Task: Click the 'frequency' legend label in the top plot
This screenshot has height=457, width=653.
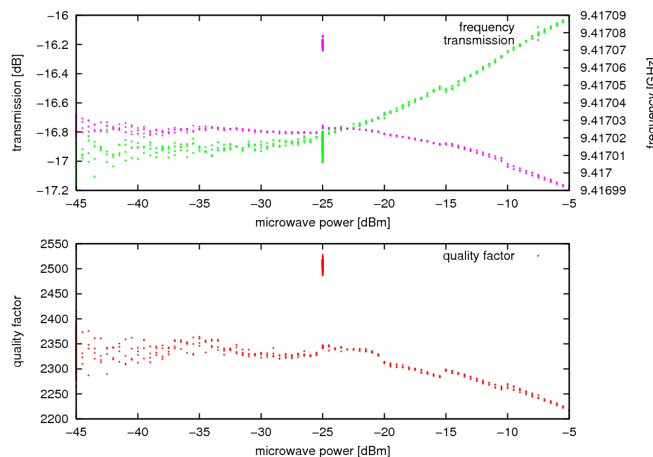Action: pyautogui.click(x=486, y=27)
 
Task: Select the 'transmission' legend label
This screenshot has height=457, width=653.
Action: pyautogui.click(x=479, y=40)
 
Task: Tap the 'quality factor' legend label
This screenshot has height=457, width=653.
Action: pyautogui.click(x=479, y=256)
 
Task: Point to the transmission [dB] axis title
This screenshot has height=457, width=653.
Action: pyautogui.click(x=18, y=102)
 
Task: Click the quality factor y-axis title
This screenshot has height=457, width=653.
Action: pyautogui.click(x=18, y=331)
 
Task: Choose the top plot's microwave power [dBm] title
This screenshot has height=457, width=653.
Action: pyautogui.click(x=323, y=223)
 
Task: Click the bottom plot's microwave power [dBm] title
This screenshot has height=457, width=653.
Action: pyautogui.click(x=323, y=451)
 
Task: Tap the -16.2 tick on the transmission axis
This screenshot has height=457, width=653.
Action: pyautogui.click(x=54, y=44)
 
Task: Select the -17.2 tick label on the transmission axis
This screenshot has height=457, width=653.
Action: pyautogui.click(x=54, y=191)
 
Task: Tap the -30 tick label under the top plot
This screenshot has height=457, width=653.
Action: pyautogui.click(x=261, y=203)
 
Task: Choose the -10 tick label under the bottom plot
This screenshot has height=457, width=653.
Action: pyautogui.click(x=507, y=432)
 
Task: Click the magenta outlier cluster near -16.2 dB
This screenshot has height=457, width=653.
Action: pyautogui.click(x=323, y=43)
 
